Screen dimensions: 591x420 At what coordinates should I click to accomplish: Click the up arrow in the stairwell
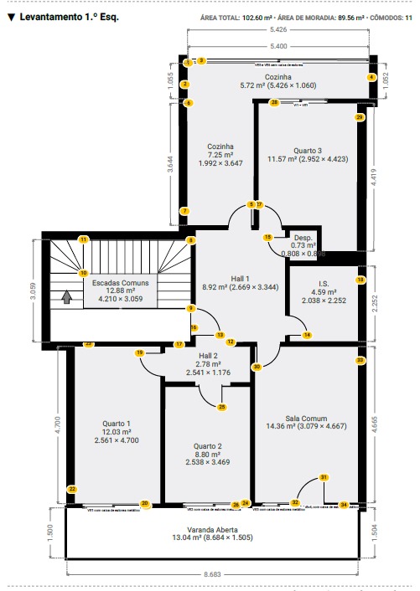point(67,295)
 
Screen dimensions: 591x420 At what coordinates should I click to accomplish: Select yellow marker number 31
point(324,478)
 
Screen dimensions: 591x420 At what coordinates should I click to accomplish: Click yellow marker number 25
point(221,408)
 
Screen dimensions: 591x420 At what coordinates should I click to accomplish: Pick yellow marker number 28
point(274,103)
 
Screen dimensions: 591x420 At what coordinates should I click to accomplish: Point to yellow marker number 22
point(72,489)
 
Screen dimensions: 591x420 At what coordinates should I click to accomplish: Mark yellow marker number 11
point(83,239)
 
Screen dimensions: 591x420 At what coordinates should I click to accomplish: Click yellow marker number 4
point(371,77)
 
